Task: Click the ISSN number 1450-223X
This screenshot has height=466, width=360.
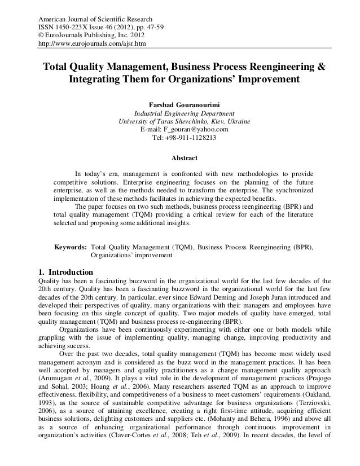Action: [73, 24]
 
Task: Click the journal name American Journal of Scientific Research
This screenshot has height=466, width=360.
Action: [90, 15]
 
